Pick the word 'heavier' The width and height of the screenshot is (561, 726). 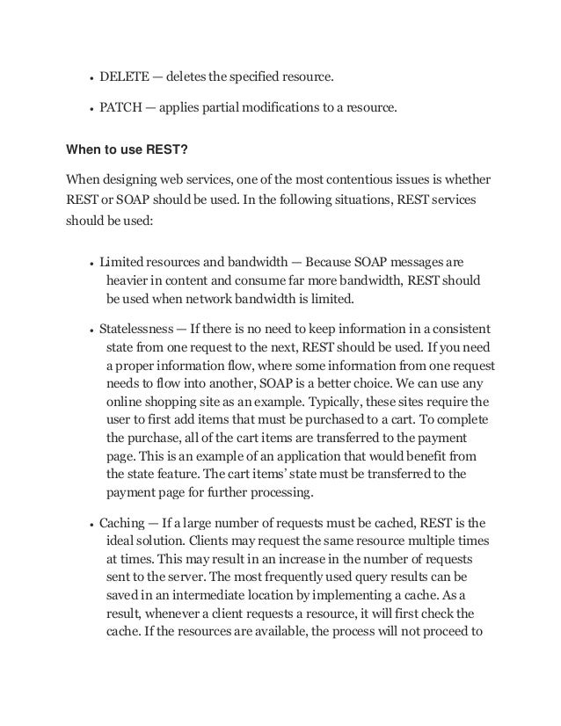(127, 280)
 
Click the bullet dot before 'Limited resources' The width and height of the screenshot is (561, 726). (91, 263)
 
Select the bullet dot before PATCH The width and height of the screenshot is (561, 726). (91, 111)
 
